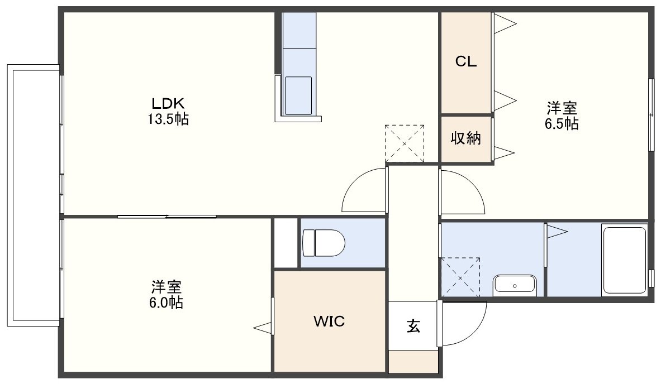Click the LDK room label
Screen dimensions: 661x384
(x=168, y=103)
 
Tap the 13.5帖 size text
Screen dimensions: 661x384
(x=168, y=119)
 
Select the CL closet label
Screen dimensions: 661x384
(x=466, y=62)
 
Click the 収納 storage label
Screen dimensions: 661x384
(x=466, y=138)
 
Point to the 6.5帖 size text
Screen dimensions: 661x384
(x=562, y=124)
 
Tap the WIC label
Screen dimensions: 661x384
(x=329, y=321)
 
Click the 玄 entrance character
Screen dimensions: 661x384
(x=413, y=326)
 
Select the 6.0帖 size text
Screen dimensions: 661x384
(x=166, y=303)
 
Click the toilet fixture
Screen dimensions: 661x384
(x=324, y=243)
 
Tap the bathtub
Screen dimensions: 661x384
(x=625, y=260)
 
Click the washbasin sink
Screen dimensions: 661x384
(x=515, y=285)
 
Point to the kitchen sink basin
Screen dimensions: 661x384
(x=298, y=95)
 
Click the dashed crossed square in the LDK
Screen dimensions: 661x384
(x=405, y=143)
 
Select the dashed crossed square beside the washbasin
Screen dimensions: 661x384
(x=460, y=277)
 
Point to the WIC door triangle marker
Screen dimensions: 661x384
(x=264, y=328)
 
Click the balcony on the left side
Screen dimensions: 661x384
(x=34, y=195)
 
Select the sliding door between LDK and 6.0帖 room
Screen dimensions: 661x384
(x=167, y=217)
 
